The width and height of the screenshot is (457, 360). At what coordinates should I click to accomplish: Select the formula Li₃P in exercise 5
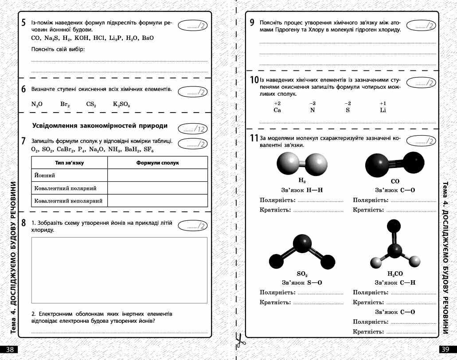tap(116, 38)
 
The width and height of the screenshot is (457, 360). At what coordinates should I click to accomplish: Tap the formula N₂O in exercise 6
tap(37, 105)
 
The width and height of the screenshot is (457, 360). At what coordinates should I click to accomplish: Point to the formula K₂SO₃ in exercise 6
tap(121, 105)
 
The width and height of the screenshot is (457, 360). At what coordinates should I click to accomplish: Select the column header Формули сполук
tap(157, 163)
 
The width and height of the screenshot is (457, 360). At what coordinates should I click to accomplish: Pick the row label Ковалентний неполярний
tap(68, 201)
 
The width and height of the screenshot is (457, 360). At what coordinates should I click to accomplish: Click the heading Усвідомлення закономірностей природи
tap(100, 126)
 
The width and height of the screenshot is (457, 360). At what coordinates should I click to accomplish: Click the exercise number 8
tap(23, 223)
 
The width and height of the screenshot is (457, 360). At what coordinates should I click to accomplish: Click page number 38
tap(10, 349)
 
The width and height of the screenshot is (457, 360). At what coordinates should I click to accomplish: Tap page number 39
tap(446, 349)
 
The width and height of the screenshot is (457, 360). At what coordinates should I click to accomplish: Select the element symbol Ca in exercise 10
tap(277, 110)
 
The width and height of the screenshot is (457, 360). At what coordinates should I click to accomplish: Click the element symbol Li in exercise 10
tap(383, 110)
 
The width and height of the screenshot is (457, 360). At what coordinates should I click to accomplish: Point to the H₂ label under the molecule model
tap(302, 181)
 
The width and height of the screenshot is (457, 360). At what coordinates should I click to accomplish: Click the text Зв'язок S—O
tap(302, 282)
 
